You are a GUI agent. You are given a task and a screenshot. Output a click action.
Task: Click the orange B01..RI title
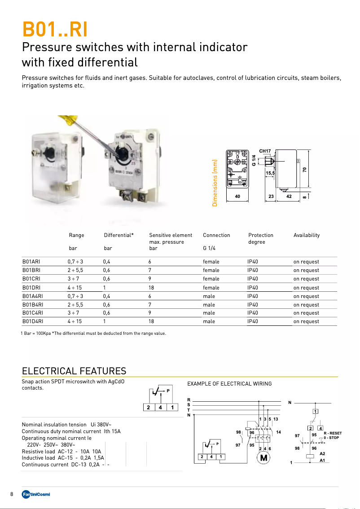(x=55, y=30)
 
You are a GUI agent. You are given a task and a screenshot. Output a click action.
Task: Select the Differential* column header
(x=119, y=235)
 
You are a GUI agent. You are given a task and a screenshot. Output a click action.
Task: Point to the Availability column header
(x=307, y=235)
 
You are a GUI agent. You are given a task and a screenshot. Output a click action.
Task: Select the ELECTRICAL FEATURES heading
(x=74, y=371)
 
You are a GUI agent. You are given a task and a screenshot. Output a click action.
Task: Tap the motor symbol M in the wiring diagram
(x=263, y=458)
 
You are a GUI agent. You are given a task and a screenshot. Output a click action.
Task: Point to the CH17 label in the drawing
(x=265, y=151)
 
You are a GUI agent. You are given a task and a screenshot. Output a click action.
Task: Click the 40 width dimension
(x=238, y=197)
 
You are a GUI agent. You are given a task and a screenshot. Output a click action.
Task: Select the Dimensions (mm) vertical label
(x=215, y=183)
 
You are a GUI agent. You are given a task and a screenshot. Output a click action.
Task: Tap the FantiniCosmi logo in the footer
(x=36, y=494)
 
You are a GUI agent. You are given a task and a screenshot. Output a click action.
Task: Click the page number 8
(x=12, y=494)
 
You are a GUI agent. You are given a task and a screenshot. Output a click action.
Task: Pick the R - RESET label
(x=333, y=434)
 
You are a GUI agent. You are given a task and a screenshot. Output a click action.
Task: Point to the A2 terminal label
(x=322, y=454)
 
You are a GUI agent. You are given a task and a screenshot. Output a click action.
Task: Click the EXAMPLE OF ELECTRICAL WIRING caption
(x=229, y=384)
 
